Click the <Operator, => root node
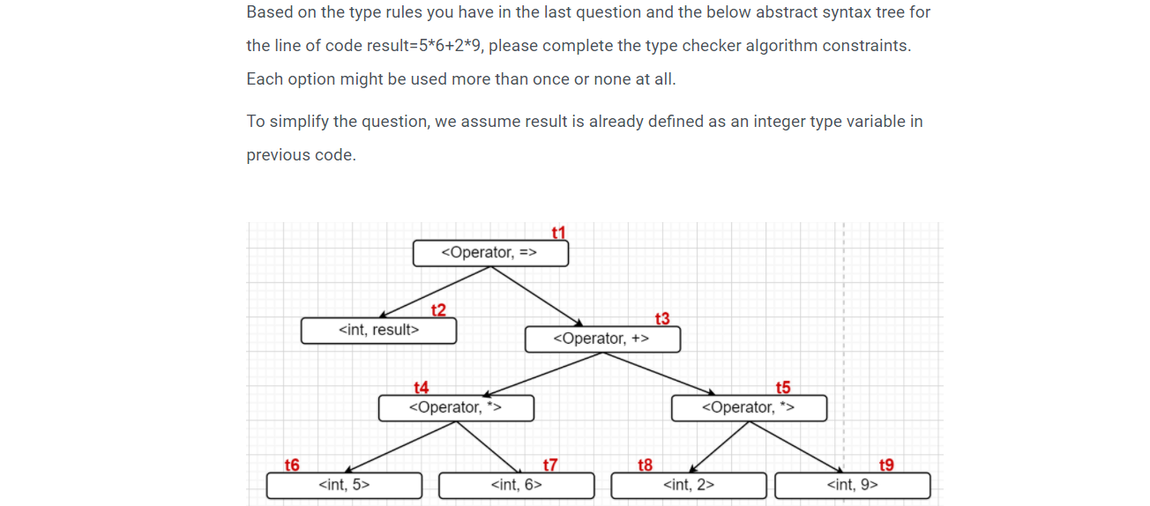[x=490, y=253]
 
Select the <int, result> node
[x=378, y=331]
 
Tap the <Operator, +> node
[x=602, y=339]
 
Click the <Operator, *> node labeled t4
[x=456, y=408]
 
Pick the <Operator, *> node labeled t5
[x=749, y=408]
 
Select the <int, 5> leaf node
[x=344, y=485]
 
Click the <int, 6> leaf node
[x=516, y=485]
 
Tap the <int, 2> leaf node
[x=688, y=485]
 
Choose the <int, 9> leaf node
[x=852, y=485]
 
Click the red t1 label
[x=557, y=233]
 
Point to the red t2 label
[x=438, y=309]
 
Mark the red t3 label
[x=662, y=318]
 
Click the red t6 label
[x=292, y=465]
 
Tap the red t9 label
[x=886, y=465]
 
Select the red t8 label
[x=645, y=465]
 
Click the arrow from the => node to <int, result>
[x=436, y=292]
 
